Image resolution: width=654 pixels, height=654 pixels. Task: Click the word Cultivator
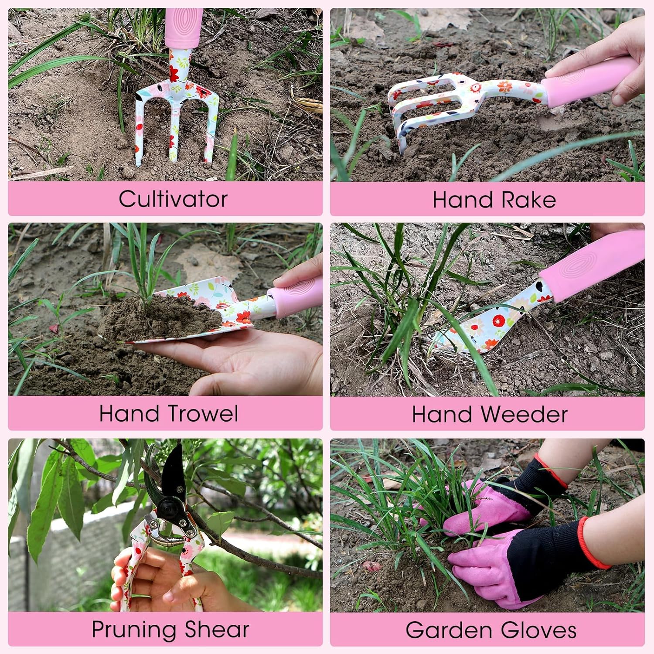[173, 199]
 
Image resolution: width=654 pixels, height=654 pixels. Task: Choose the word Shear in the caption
[217, 629]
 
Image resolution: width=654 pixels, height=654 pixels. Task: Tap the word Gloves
[538, 630]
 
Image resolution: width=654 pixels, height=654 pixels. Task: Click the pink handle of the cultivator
[184, 27]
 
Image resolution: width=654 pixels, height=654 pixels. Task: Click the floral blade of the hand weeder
[484, 325]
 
